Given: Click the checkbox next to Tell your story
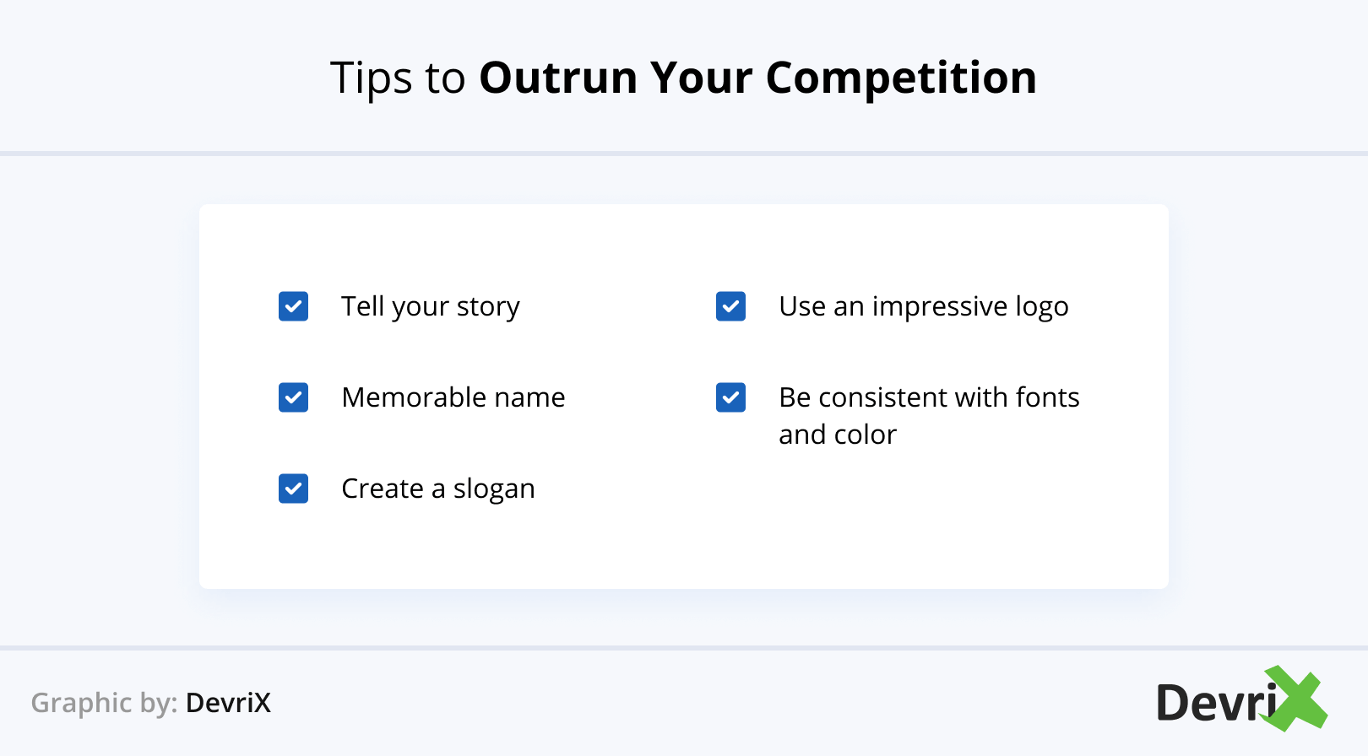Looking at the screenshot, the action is pyautogui.click(x=293, y=305).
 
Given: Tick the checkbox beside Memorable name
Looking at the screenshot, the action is pyautogui.click(x=293, y=397).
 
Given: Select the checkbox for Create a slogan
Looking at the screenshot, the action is pyautogui.click(x=293, y=489).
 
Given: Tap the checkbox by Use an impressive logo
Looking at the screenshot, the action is pyautogui.click(x=730, y=305).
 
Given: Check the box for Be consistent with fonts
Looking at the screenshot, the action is pyautogui.click(x=730, y=397).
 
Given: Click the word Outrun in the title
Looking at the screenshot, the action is pyautogui.click(x=559, y=78).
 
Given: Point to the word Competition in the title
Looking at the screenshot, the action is pyautogui.click(x=901, y=79).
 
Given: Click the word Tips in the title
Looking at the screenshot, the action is pyautogui.click(x=372, y=79).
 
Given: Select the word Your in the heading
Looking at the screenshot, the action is pyautogui.click(x=702, y=78).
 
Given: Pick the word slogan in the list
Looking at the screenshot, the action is pyautogui.click(x=493, y=489).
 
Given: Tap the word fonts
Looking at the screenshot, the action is pyautogui.click(x=1047, y=397).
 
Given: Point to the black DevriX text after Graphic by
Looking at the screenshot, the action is pyautogui.click(x=228, y=703).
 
